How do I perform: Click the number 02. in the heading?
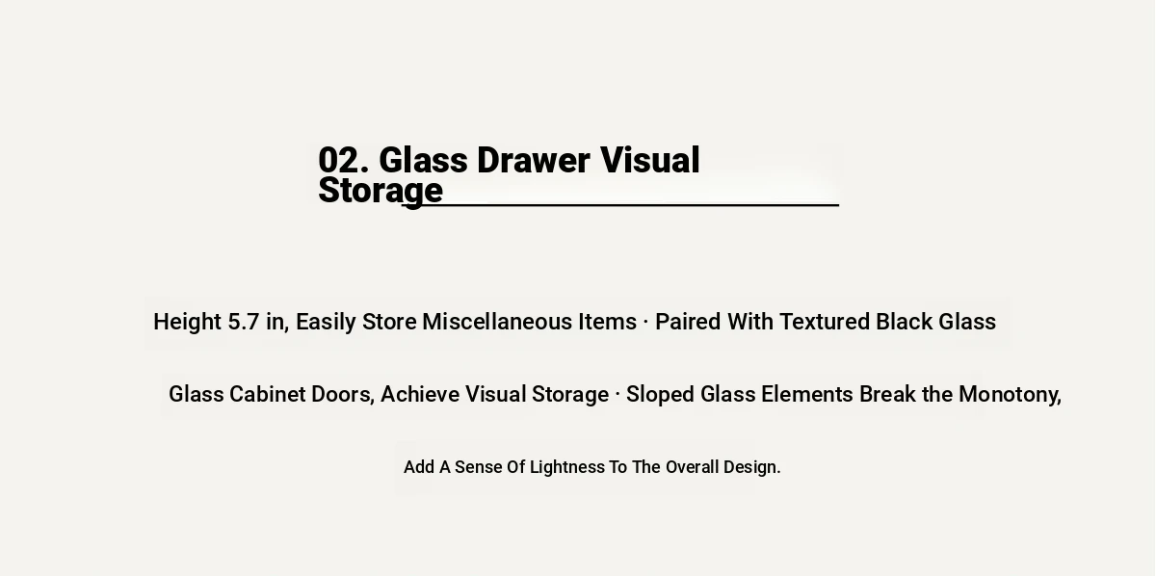click(344, 160)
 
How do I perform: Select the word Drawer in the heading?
click(533, 160)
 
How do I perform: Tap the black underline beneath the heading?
click(620, 205)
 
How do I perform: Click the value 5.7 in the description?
click(243, 322)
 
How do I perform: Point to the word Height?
click(187, 322)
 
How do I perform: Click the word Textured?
click(825, 322)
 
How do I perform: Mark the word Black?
click(905, 322)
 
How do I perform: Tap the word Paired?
click(688, 322)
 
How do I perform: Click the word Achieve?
click(420, 394)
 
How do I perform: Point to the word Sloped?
click(660, 395)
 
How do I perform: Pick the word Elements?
click(807, 394)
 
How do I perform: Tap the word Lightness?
click(567, 467)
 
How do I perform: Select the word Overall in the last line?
click(692, 467)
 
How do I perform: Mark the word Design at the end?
click(749, 467)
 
